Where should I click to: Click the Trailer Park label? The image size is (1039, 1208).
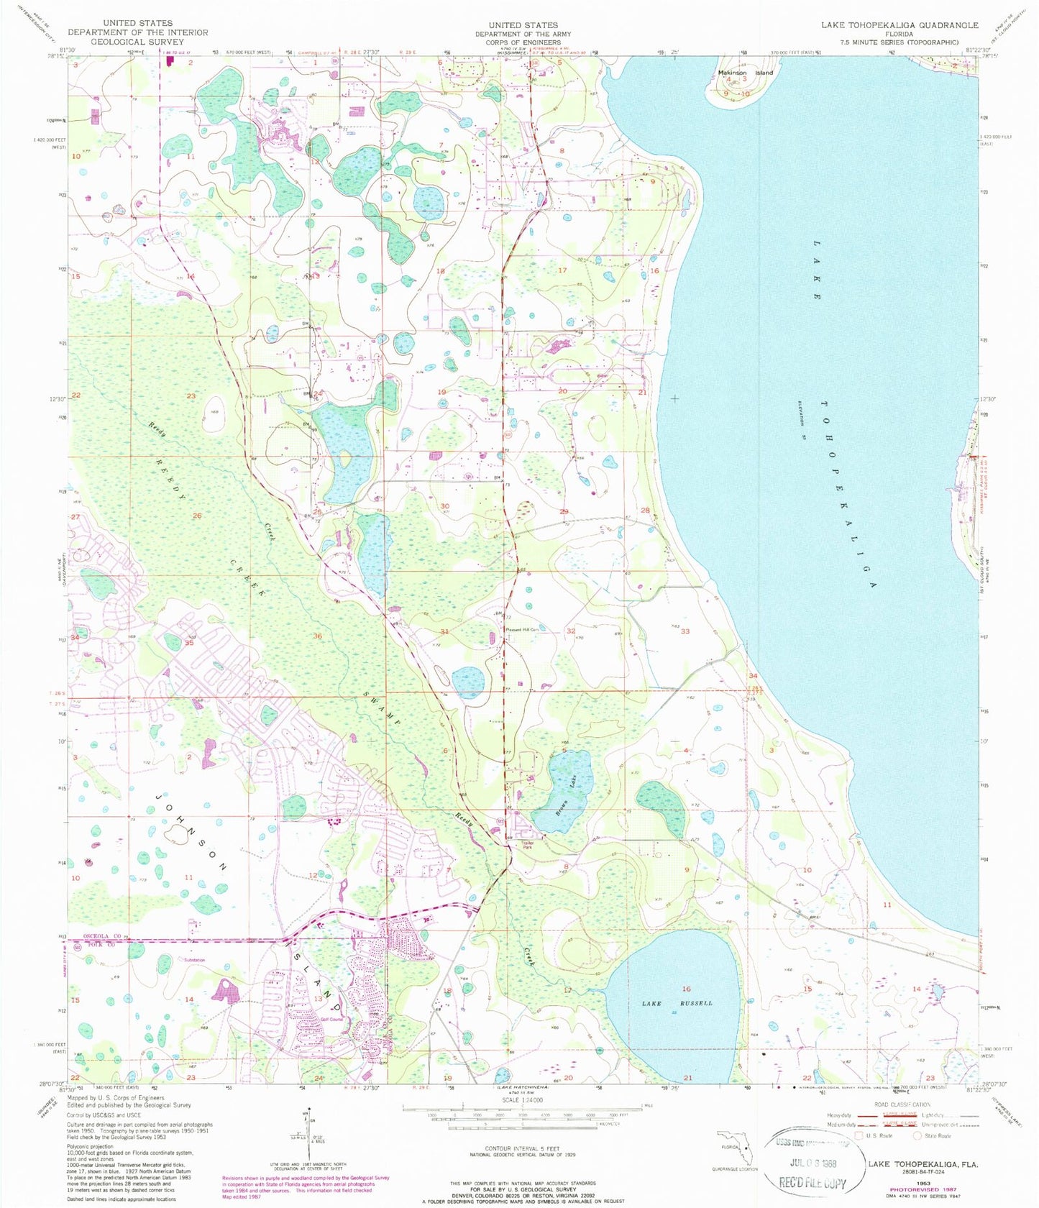pos(528,846)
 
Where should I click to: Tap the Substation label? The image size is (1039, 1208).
pos(193,961)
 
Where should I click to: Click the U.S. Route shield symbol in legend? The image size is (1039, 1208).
pos(858,1136)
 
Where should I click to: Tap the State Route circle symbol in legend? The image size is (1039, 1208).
pos(917,1136)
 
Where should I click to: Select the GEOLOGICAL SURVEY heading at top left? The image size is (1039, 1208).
pos(137,42)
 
